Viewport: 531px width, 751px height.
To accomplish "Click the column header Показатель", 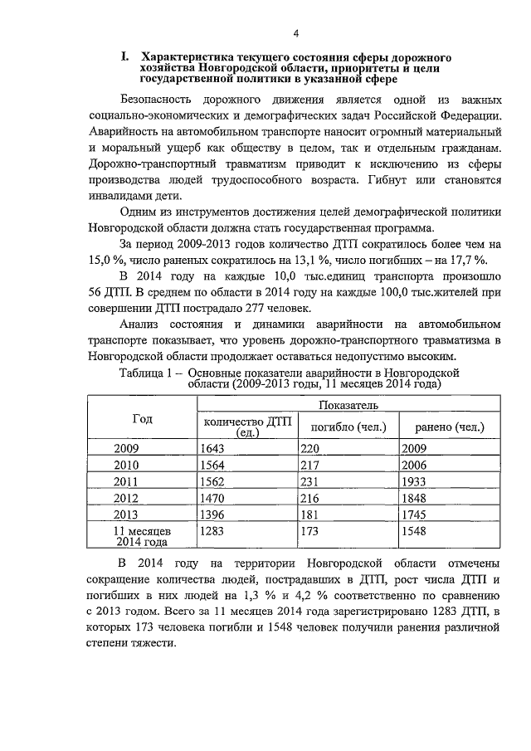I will click(348, 406).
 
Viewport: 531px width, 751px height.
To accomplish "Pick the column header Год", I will click(142, 419).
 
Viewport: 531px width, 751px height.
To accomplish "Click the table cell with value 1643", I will click(214, 448).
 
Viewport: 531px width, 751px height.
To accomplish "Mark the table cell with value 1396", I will click(214, 515).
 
